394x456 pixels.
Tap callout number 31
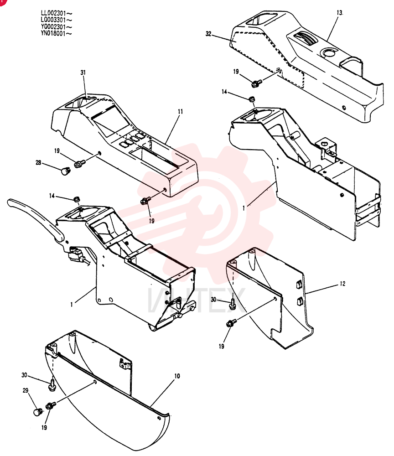click(x=83, y=73)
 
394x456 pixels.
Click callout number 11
click(x=180, y=111)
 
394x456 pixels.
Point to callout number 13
click(x=340, y=13)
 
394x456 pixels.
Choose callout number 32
click(x=208, y=34)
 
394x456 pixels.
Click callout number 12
click(x=342, y=284)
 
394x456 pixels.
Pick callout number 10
click(x=177, y=376)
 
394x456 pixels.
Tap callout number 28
click(x=38, y=163)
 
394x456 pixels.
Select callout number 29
click(x=26, y=390)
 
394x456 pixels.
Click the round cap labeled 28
click(x=65, y=171)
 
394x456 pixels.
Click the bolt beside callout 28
click(x=79, y=164)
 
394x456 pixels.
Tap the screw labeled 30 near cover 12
click(x=232, y=303)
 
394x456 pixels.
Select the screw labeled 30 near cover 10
click(x=52, y=384)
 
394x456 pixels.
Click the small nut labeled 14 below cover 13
click(x=252, y=99)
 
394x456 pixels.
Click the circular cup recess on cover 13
click(x=328, y=52)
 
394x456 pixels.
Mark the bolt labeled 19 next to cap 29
click(x=51, y=405)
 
